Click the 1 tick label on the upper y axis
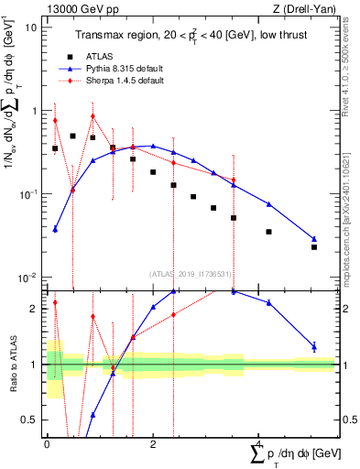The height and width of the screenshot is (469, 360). coord(35,111)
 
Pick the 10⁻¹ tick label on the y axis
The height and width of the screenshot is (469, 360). coord(29,194)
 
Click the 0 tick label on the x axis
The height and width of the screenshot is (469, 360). coord(47,444)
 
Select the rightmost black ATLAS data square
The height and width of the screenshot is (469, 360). coord(314,247)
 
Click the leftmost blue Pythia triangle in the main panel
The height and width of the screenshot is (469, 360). coord(55,229)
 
